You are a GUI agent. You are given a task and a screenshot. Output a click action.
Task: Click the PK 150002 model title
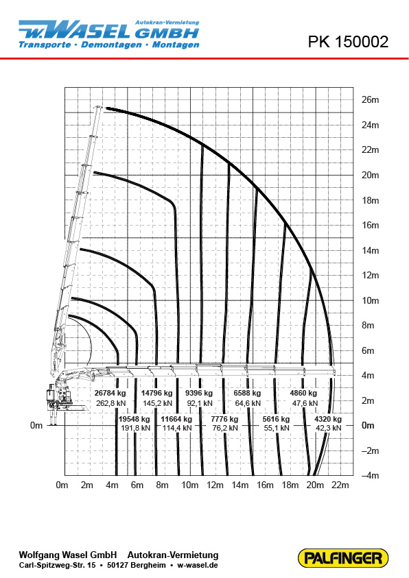tap(348, 42)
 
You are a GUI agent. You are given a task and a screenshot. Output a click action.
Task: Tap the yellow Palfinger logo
tap(343, 557)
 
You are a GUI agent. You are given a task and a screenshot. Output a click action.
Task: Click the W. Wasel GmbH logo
tap(109, 34)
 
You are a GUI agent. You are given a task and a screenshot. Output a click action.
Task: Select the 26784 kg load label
tap(110, 393)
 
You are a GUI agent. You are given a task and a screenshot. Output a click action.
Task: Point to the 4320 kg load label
tap(328, 419)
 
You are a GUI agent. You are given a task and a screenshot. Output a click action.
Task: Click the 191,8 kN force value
tap(135, 428)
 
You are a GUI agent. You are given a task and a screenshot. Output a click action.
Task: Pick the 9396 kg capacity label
tap(199, 393)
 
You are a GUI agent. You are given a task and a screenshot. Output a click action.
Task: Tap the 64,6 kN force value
tap(248, 403)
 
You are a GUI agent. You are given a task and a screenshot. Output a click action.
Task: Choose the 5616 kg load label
tap(277, 419)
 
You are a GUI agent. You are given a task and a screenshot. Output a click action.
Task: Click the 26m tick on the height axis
tap(371, 100)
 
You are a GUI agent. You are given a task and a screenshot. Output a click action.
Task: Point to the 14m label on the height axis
tap(371, 251)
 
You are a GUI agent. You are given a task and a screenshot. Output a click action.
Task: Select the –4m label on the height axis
tap(370, 476)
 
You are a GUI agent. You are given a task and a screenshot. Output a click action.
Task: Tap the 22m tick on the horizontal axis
tap(340, 485)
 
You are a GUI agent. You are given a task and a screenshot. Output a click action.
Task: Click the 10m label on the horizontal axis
tap(189, 485)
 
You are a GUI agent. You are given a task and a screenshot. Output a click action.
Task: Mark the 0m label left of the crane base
tap(36, 425)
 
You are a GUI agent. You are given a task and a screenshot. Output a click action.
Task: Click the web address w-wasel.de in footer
tap(198, 565)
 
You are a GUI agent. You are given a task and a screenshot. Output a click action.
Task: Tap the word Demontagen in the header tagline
tap(111, 45)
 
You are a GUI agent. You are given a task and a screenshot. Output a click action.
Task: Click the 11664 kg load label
tap(176, 419)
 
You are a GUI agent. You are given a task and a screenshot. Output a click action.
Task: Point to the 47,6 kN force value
tap(305, 403)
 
